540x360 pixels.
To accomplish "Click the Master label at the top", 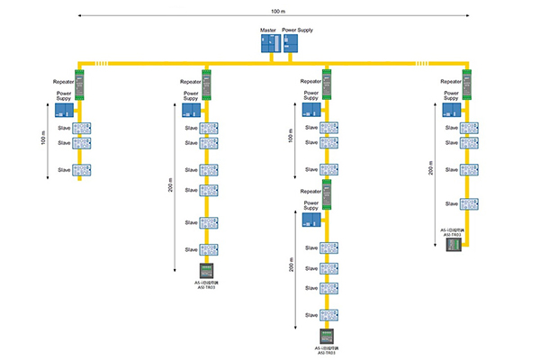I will (x=267, y=31).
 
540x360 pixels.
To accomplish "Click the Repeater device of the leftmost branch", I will (x=79, y=84).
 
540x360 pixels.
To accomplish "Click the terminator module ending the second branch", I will (x=206, y=272).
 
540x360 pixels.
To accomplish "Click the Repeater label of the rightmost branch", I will (x=451, y=81).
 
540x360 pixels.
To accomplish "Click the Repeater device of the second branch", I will (x=206, y=84).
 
